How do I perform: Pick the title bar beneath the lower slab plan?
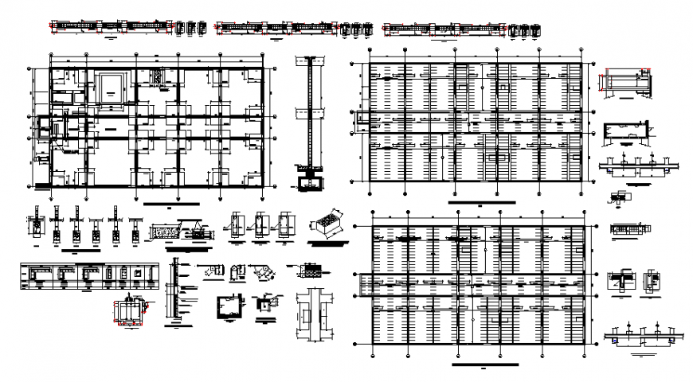coord(480,363)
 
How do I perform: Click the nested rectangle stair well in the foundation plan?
coord(110,86)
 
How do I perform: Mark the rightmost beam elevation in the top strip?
coord(444,27)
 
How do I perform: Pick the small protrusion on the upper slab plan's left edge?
coord(361,119)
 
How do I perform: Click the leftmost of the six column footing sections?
coord(35,224)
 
